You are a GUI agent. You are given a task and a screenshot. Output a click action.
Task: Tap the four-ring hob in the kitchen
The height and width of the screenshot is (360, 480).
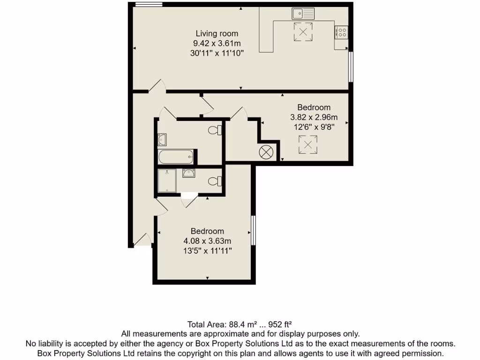point(341,32)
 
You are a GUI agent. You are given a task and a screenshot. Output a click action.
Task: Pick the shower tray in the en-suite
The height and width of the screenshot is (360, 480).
point(167,181)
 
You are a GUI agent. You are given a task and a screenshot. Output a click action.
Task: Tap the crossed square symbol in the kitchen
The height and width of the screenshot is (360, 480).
point(303,32)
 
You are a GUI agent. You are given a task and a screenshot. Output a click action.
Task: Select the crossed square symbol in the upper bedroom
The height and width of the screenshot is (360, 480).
point(308,144)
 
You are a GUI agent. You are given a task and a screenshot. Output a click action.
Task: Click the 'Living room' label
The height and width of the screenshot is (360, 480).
point(217,33)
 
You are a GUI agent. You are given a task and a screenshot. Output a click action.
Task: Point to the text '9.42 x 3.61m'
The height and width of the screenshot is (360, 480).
point(217,43)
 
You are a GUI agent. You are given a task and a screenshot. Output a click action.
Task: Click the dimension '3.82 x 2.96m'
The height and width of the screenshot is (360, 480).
point(314,117)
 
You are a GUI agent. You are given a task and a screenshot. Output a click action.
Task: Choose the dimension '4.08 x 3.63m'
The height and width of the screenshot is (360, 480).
point(207,241)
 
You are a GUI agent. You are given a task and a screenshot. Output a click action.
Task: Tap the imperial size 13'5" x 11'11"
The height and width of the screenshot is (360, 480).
point(207,251)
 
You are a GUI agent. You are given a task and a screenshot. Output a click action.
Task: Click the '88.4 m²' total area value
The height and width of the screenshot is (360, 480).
point(243,324)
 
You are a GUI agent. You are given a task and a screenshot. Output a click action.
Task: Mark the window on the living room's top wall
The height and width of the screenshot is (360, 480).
point(149,5)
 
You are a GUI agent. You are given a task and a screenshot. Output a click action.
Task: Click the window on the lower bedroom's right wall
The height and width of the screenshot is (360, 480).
point(254,230)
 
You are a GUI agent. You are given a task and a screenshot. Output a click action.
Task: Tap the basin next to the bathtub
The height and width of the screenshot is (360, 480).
point(162,139)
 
